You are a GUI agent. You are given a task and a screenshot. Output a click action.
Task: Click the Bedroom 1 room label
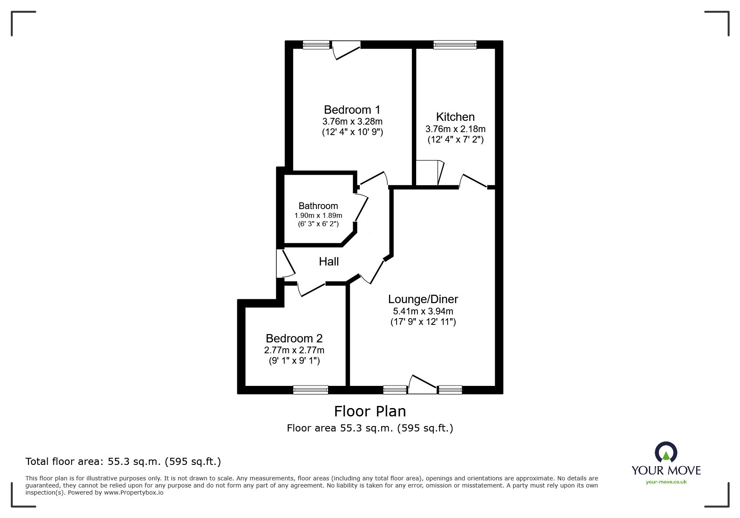coord(352,110)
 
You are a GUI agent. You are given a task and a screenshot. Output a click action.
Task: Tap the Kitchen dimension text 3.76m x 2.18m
coord(455,129)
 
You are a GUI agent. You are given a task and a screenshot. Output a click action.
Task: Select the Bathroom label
coord(318,206)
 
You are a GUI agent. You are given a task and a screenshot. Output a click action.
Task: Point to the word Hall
coord(328,262)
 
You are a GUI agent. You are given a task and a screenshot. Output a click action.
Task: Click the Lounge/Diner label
coord(423,299)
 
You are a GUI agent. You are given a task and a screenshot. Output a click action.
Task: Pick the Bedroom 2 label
coord(294,338)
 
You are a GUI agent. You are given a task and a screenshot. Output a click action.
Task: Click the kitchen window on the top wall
coord(455,45)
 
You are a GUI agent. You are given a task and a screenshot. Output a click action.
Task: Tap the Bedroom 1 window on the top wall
coord(316,45)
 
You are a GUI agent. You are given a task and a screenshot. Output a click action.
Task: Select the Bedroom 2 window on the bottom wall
coord(310,390)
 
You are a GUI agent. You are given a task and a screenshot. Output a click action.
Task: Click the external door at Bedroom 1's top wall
coord(346,49)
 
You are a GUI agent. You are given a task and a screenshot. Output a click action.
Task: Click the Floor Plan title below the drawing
coord(370,411)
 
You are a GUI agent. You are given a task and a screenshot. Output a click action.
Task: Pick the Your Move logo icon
coord(666,452)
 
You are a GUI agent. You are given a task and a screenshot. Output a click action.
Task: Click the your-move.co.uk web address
coord(666,482)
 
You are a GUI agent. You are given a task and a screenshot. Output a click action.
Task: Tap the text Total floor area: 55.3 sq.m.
coord(123,462)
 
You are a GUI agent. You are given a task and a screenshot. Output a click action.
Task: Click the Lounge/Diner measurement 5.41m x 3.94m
coord(423,311)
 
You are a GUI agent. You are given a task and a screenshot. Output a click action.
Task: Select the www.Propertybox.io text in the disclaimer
coord(133,492)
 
